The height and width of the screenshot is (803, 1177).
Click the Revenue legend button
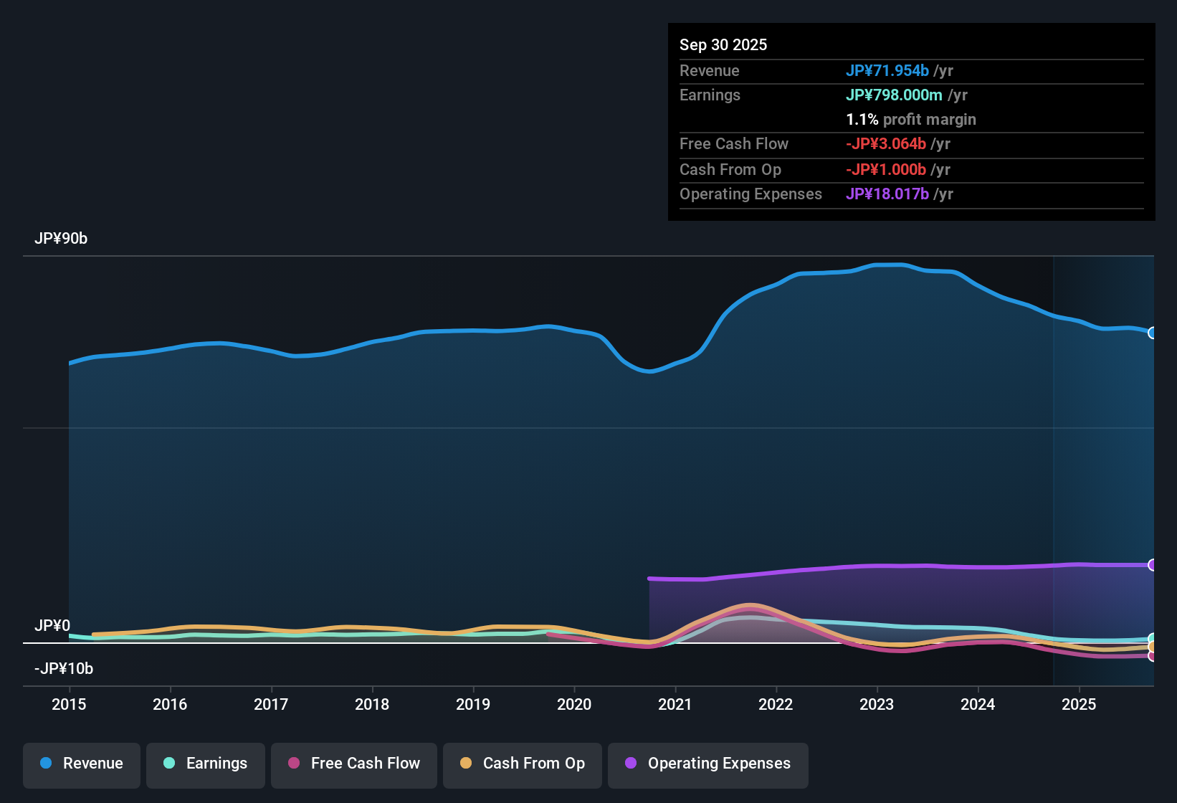click(x=82, y=764)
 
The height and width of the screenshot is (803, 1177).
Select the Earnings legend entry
click(x=206, y=764)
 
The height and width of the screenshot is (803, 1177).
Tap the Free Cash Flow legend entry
click(x=354, y=764)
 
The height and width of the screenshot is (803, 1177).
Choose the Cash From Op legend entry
click(x=523, y=764)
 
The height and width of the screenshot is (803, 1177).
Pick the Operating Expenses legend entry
click(x=708, y=764)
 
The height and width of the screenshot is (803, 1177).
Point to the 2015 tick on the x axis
click(x=69, y=704)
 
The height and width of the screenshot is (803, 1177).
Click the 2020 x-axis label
click(x=574, y=704)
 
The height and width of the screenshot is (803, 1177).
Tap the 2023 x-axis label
click(x=877, y=704)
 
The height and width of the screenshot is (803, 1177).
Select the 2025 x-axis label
click(x=1079, y=704)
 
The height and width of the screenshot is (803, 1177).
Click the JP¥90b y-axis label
click(x=61, y=239)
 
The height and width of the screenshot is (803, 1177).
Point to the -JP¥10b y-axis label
click(x=64, y=669)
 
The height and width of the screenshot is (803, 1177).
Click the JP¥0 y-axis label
click(x=52, y=626)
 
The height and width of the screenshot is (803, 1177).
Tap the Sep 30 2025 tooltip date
click(x=723, y=45)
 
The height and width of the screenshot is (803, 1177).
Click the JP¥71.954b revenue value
click(x=887, y=71)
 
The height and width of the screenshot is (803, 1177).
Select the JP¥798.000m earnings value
click(x=894, y=95)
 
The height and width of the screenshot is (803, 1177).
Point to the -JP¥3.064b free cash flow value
click(x=886, y=144)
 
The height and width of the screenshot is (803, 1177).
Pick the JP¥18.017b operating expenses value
click(x=887, y=194)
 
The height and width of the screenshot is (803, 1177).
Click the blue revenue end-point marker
click(x=1153, y=333)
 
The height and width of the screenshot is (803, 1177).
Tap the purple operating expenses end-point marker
click(x=1153, y=565)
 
